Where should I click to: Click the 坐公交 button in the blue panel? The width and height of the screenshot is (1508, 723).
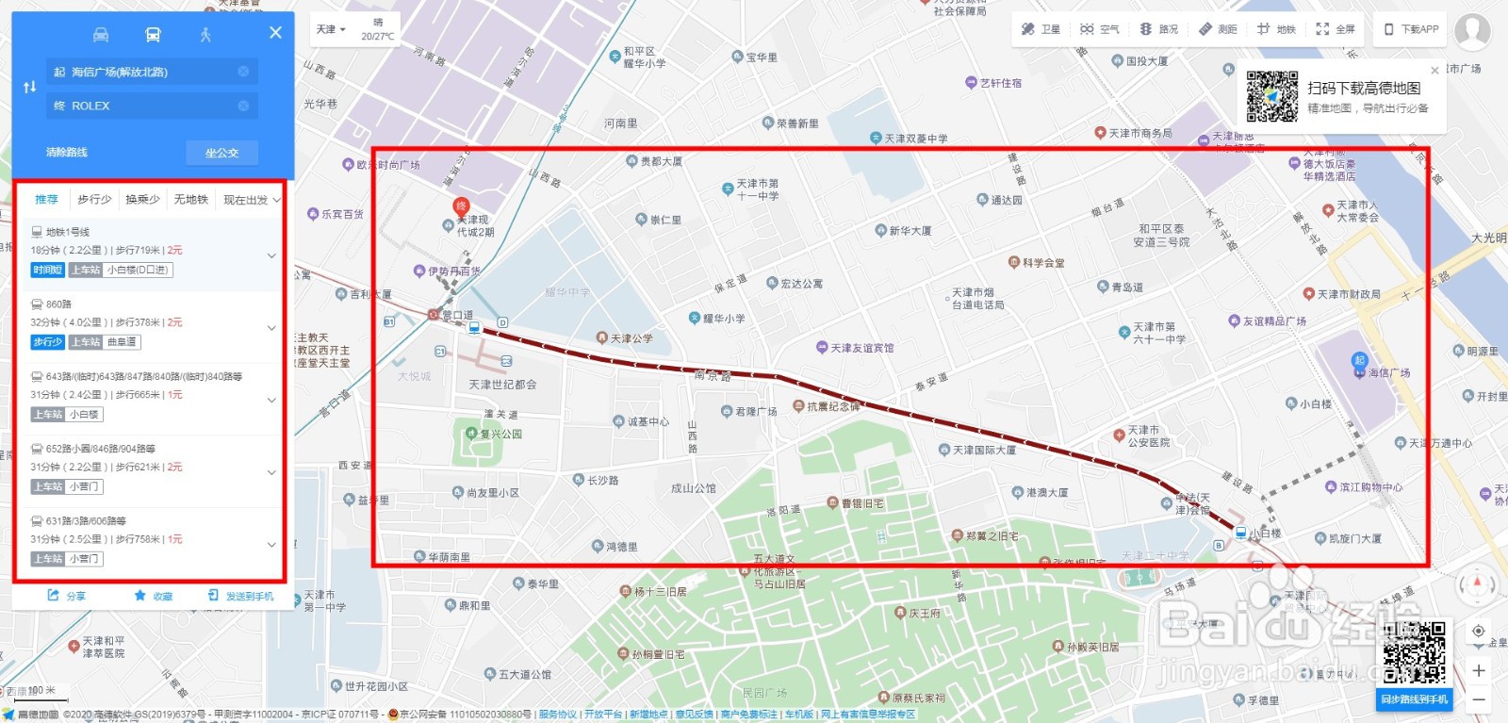pyautogui.click(x=221, y=153)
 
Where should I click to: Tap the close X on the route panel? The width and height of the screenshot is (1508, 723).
pyautogui.click(x=275, y=33)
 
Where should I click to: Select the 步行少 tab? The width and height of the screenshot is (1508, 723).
pyautogui.click(x=94, y=200)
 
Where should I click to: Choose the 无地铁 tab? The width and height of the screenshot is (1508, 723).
pyautogui.click(x=190, y=200)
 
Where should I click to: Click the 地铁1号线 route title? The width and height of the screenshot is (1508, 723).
pyautogui.click(x=68, y=232)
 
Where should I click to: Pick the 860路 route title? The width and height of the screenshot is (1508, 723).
pyautogui.click(x=58, y=304)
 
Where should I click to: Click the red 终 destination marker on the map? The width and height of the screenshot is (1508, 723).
pyautogui.click(x=461, y=206)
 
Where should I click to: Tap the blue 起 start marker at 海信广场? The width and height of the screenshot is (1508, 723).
pyautogui.click(x=1359, y=360)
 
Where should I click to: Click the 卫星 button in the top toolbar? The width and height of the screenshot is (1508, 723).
pyautogui.click(x=1041, y=29)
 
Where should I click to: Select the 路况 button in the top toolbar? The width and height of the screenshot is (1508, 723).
pyautogui.click(x=1159, y=29)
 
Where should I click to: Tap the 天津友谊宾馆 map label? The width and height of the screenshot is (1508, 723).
pyautogui.click(x=861, y=349)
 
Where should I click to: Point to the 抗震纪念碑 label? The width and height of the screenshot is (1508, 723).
pyautogui.click(x=833, y=407)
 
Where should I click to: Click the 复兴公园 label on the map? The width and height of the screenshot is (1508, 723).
pyautogui.click(x=500, y=435)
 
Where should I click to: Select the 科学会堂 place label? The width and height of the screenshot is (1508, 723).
pyautogui.click(x=1042, y=263)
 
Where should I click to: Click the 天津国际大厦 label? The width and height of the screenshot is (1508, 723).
pyautogui.click(x=983, y=451)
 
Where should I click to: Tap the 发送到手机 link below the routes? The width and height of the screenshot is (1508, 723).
pyautogui.click(x=241, y=597)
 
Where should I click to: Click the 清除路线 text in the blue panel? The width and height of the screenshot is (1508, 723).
pyautogui.click(x=67, y=153)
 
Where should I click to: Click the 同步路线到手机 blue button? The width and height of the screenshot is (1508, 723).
pyautogui.click(x=1414, y=699)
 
